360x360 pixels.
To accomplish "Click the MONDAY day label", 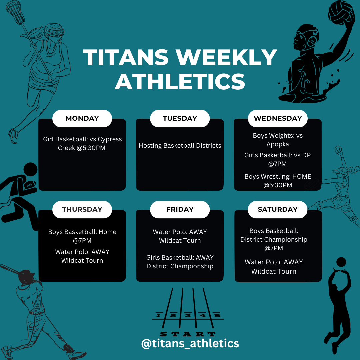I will coord(82,118).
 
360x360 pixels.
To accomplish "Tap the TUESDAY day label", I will coord(180,118).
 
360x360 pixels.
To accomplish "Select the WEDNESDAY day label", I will coord(278,118).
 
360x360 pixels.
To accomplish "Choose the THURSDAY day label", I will coord(82,209).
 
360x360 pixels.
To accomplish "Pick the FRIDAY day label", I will coord(180,209).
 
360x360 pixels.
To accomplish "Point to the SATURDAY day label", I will coord(278,209).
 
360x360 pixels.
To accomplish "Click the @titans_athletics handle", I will coord(190,343).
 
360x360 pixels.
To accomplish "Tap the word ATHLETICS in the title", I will coord(180,81).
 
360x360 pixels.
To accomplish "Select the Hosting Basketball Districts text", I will coord(180,146).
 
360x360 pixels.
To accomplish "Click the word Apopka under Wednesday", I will coord(277,144).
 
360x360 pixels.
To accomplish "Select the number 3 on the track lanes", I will coord(188,315).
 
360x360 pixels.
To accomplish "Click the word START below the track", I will coord(188,334).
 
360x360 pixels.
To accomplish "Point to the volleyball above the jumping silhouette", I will coord(341,262).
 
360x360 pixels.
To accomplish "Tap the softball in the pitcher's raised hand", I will coord(339,149).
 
